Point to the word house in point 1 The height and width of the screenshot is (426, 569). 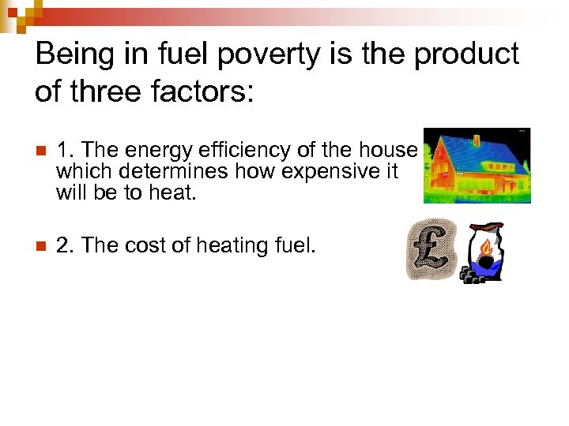pos(390,150)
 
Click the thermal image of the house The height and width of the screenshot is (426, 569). pos(477,166)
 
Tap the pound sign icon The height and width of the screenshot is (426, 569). pos(431,250)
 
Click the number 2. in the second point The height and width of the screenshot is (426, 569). pos(65,245)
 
